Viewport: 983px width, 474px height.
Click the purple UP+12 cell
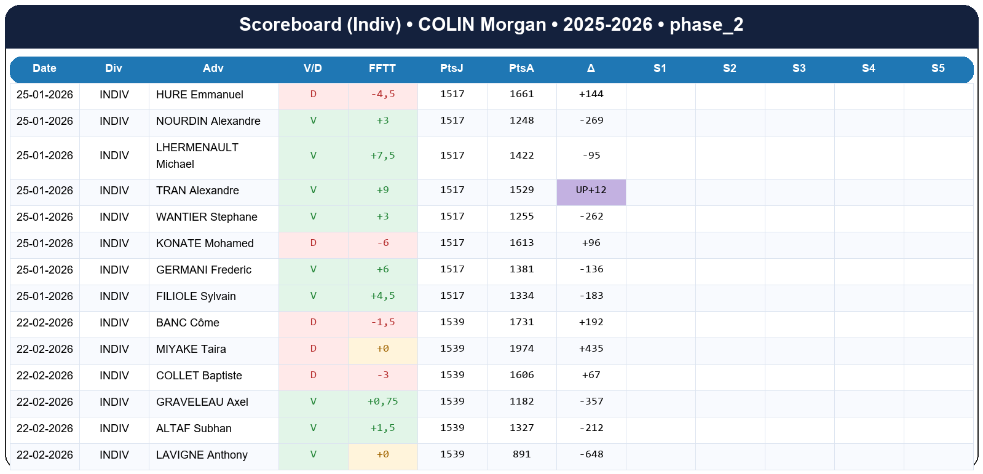click(x=591, y=191)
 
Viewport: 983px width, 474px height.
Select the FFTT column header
click(x=382, y=68)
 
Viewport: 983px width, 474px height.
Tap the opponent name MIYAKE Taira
click(x=191, y=349)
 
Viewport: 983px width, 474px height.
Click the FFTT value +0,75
click(x=382, y=401)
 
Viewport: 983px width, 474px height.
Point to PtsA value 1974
click(x=521, y=349)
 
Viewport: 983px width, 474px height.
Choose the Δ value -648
click(x=591, y=454)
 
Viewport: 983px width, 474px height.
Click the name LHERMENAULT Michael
click(x=197, y=156)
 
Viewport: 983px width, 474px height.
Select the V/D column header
click(x=312, y=68)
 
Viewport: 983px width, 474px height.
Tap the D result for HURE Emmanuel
click(x=313, y=94)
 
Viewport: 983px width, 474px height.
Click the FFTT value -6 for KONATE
click(x=382, y=243)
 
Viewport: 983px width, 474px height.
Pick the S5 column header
click(x=938, y=68)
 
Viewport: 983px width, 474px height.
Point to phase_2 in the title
click(x=706, y=25)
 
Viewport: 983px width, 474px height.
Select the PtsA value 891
click(x=521, y=454)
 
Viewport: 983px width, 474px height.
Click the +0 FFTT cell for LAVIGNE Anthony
click(x=382, y=454)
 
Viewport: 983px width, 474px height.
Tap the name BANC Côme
click(x=188, y=323)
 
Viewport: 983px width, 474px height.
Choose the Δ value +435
click(x=591, y=349)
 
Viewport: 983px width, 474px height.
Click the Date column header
click(x=44, y=68)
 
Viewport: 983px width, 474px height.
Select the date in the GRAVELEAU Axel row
click(x=44, y=402)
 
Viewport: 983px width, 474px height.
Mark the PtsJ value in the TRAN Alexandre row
click(x=452, y=190)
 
